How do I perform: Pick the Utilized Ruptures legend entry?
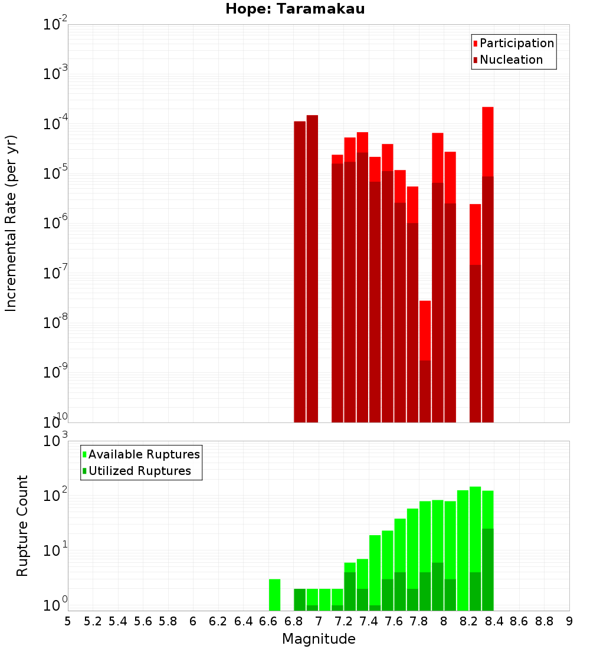(139, 471)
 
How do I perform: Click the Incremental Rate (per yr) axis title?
(11, 223)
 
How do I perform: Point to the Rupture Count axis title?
(22, 525)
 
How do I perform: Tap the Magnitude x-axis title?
(319, 639)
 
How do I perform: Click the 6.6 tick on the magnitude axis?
(268, 621)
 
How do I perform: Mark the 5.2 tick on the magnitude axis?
(93, 621)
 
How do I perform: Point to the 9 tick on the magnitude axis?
(569, 621)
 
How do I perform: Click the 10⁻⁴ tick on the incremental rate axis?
(54, 124)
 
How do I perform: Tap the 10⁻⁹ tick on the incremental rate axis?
(54, 373)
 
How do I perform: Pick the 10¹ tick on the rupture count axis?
(54, 551)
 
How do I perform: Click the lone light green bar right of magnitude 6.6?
(274, 595)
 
